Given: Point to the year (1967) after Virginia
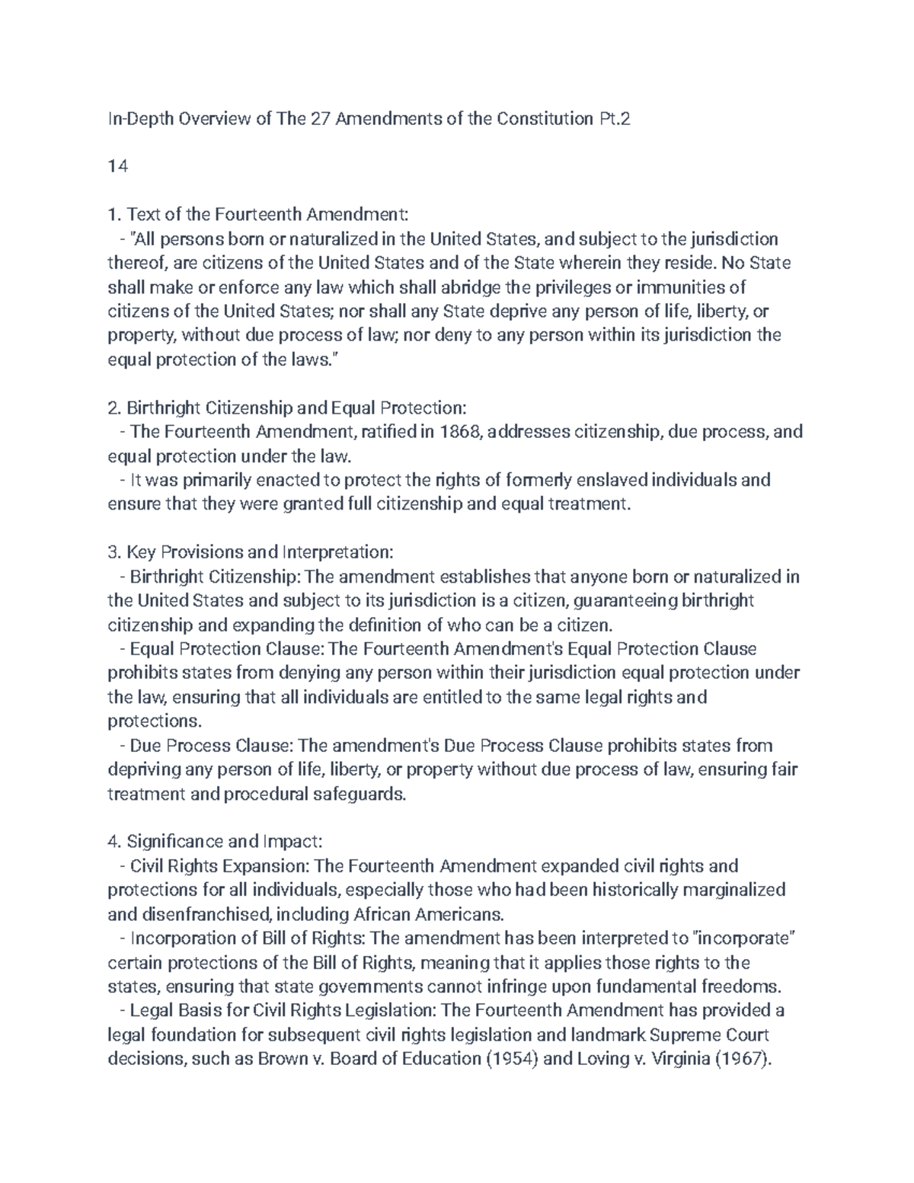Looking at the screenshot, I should pos(743,1059).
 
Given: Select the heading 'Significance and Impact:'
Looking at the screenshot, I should pos(225,842).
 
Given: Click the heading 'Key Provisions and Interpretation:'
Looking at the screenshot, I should pos(260,552).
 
